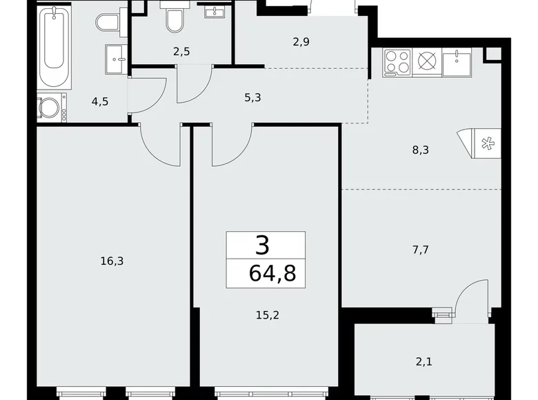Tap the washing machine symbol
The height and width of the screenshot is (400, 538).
point(50,108)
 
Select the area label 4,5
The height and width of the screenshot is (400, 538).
point(100,101)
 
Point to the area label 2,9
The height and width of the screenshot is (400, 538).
point(301,42)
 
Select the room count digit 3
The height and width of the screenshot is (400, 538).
point(263,246)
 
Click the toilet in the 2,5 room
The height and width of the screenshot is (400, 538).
point(175,20)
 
